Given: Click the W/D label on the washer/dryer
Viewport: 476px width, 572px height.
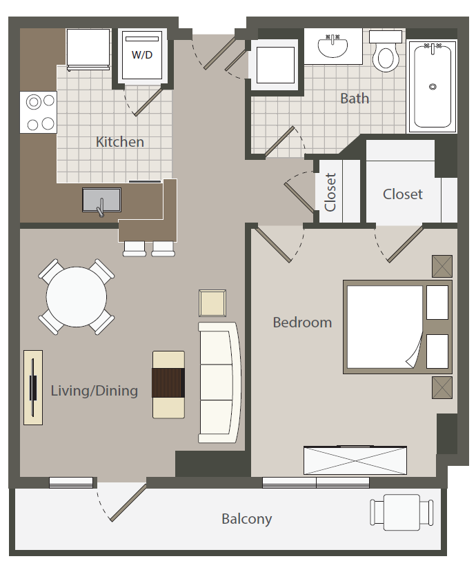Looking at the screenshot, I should pyautogui.click(x=142, y=55).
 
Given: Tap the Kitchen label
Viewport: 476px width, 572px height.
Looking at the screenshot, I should pyautogui.click(x=120, y=142).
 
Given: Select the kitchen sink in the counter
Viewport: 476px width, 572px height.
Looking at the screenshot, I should pyautogui.click(x=101, y=201).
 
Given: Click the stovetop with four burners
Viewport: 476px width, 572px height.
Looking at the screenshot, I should pyautogui.click(x=39, y=112).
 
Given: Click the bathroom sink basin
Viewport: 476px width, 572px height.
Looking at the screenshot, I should pyautogui.click(x=333, y=48).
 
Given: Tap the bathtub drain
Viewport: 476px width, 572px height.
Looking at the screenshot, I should pyautogui.click(x=433, y=87).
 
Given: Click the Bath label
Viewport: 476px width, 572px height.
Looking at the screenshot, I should pyautogui.click(x=355, y=99).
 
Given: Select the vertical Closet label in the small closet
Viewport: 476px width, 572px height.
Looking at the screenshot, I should pyautogui.click(x=330, y=192).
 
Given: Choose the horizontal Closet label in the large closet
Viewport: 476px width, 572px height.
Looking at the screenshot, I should pyautogui.click(x=403, y=194).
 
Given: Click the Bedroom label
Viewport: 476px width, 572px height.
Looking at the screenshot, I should pyautogui.click(x=302, y=323).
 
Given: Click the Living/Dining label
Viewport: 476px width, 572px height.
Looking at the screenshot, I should pyautogui.click(x=95, y=391).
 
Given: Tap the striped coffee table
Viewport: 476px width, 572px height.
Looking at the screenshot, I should pyautogui.click(x=169, y=384).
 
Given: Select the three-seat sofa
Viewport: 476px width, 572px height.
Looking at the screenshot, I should pyautogui.click(x=218, y=382).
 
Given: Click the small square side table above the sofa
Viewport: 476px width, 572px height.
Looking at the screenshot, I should pyautogui.click(x=212, y=303).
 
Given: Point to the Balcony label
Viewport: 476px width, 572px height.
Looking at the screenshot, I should pyautogui.click(x=246, y=519).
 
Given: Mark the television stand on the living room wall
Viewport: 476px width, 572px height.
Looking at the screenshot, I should pyautogui.click(x=33, y=387).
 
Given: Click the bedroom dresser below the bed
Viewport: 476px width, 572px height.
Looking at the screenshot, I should pyautogui.click(x=355, y=460).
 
